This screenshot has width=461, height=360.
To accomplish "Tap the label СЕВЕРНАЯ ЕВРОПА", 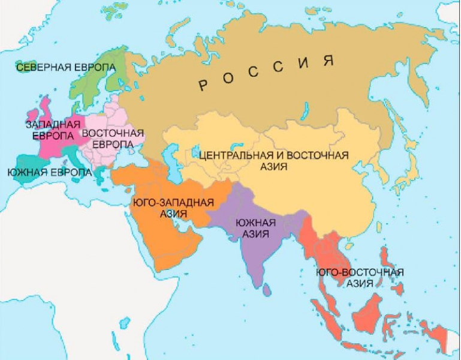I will pos(66,67).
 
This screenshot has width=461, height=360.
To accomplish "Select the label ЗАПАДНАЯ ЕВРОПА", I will pos(53,130).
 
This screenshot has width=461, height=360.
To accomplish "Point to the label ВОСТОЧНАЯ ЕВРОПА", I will pos(113,138).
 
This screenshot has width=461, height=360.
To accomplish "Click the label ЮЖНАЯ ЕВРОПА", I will pos(49,172).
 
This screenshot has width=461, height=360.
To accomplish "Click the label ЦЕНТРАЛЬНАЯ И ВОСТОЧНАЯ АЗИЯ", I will pos(273,160).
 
